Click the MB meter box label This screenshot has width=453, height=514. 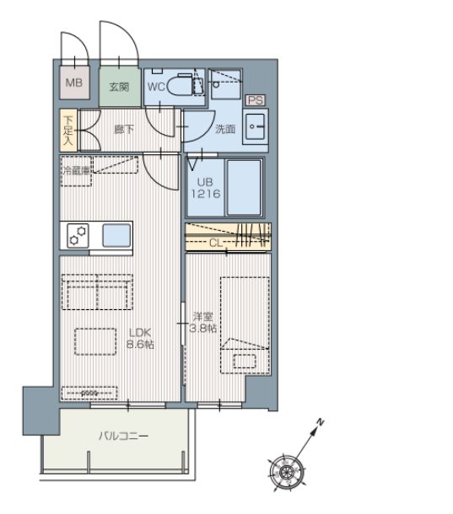(74, 83)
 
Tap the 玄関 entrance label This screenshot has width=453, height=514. (119, 87)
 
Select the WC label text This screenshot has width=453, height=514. (156, 87)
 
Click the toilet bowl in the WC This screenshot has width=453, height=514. (180, 84)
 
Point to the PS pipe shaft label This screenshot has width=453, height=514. (256, 100)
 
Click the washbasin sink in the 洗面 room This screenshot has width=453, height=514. (256, 126)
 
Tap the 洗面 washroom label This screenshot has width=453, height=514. (225, 129)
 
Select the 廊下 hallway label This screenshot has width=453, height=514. (124, 129)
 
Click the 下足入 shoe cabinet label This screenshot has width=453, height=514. (68, 131)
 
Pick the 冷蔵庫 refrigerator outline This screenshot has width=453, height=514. (76, 171)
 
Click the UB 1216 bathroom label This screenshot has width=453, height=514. (206, 188)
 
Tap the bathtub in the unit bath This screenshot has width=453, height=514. (244, 188)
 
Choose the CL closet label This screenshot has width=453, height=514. (216, 243)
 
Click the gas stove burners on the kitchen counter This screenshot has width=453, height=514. (78, 235)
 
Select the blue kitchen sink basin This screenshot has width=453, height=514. (116, 235)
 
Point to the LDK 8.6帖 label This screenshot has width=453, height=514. (140, 338)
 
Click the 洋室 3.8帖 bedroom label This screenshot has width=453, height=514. (203, 323)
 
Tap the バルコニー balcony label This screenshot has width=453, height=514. (124, 436)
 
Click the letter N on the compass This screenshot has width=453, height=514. (320, 422)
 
